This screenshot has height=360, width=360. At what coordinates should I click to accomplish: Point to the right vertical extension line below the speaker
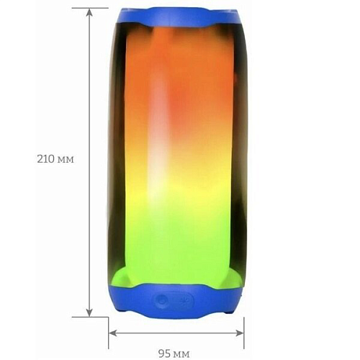pyautogui.click(x=244, y=328)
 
